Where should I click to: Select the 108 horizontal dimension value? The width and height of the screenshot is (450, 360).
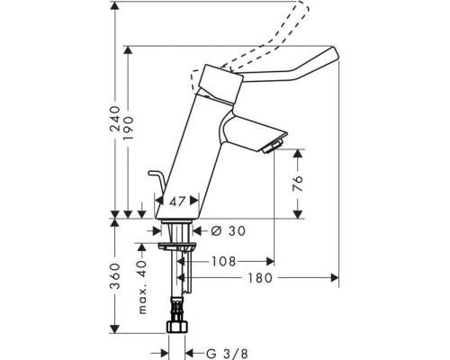225,263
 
